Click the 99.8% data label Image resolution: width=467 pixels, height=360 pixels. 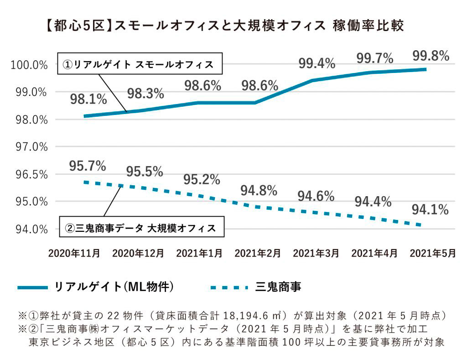point(431,56)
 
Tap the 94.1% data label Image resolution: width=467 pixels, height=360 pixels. point(430,210)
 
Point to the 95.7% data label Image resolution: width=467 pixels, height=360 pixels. point(88,166)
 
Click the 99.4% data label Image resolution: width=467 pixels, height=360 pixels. point(317,64)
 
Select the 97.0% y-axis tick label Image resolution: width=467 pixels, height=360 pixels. point(30,147)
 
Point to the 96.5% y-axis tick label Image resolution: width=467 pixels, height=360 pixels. point(30,174)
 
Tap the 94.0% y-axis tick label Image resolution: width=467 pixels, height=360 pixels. point(30,229)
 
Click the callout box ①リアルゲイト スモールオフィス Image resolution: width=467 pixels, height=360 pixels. point(139,64)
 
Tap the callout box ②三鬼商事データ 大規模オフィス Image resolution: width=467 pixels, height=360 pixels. point(142,227)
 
